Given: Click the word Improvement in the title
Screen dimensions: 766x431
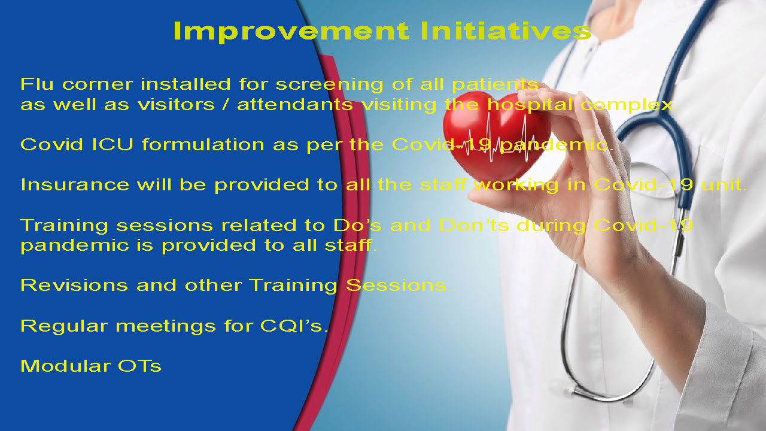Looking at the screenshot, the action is pyautogui.click(x=291, y=32).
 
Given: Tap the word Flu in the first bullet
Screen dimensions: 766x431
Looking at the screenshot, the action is pyautogui.click(x=37, y=84).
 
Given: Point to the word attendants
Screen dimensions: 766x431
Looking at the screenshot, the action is pyautogui.click(x=294, y=104).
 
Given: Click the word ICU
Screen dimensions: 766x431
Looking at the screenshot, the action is pyautogui.click(x=113, y=144).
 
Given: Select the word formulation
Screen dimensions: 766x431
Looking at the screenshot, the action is pyautogui.click(x=203, y=144).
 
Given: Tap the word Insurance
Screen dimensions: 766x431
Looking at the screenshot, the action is pyautogui.click(x=75, y=185).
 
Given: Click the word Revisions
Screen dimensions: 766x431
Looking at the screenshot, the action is pyautogui.click(x=74, y=286).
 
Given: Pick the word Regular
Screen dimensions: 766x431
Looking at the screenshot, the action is pyautogui.click(x=64, y=327).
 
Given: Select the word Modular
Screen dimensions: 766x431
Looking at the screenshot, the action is pyautogui.click(x=66, y=366).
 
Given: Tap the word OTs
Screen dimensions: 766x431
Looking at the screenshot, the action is pyautogui.click(x=139, y=366).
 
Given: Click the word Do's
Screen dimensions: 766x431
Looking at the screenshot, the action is pyautogui.click(x=357, y=226).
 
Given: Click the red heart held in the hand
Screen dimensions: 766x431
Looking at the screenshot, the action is pyautogui.click(x=496, y=137).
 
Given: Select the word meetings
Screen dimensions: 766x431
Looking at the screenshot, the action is pyautogui.click(x=166, y=327).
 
